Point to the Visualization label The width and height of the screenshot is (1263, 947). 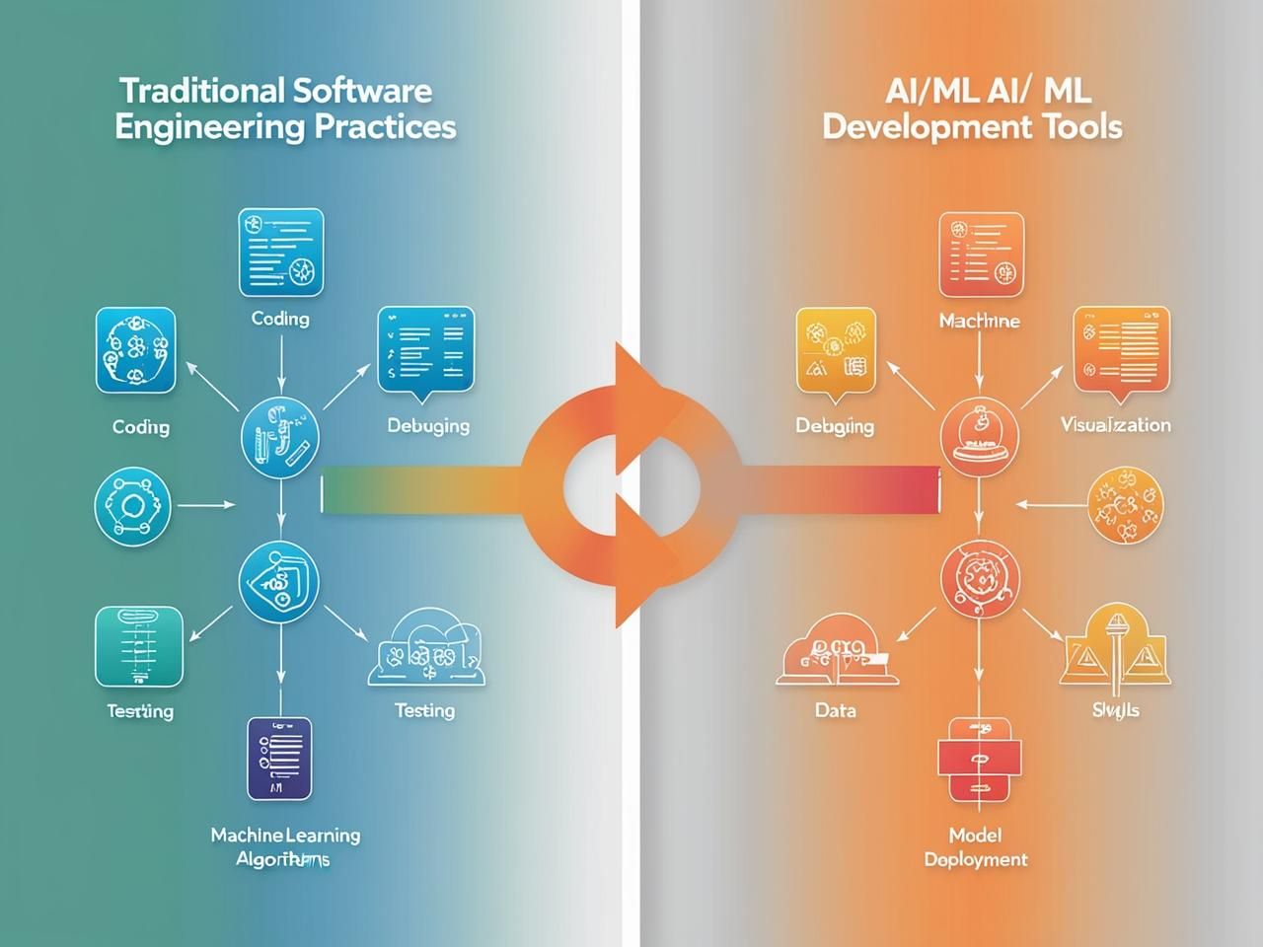1115,425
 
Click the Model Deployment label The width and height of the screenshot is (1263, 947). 975,847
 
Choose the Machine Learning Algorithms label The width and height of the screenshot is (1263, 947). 284,847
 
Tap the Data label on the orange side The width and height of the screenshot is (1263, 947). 835,710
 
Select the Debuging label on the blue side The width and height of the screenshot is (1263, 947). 427,426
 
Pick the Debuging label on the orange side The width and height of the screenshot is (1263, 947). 835,426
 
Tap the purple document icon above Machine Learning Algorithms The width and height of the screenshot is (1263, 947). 279,758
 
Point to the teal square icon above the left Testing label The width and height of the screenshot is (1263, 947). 139,646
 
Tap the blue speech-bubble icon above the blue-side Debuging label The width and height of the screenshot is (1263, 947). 426,351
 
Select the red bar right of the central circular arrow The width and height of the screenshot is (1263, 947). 839,490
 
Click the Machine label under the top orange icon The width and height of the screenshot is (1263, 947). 979,322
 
